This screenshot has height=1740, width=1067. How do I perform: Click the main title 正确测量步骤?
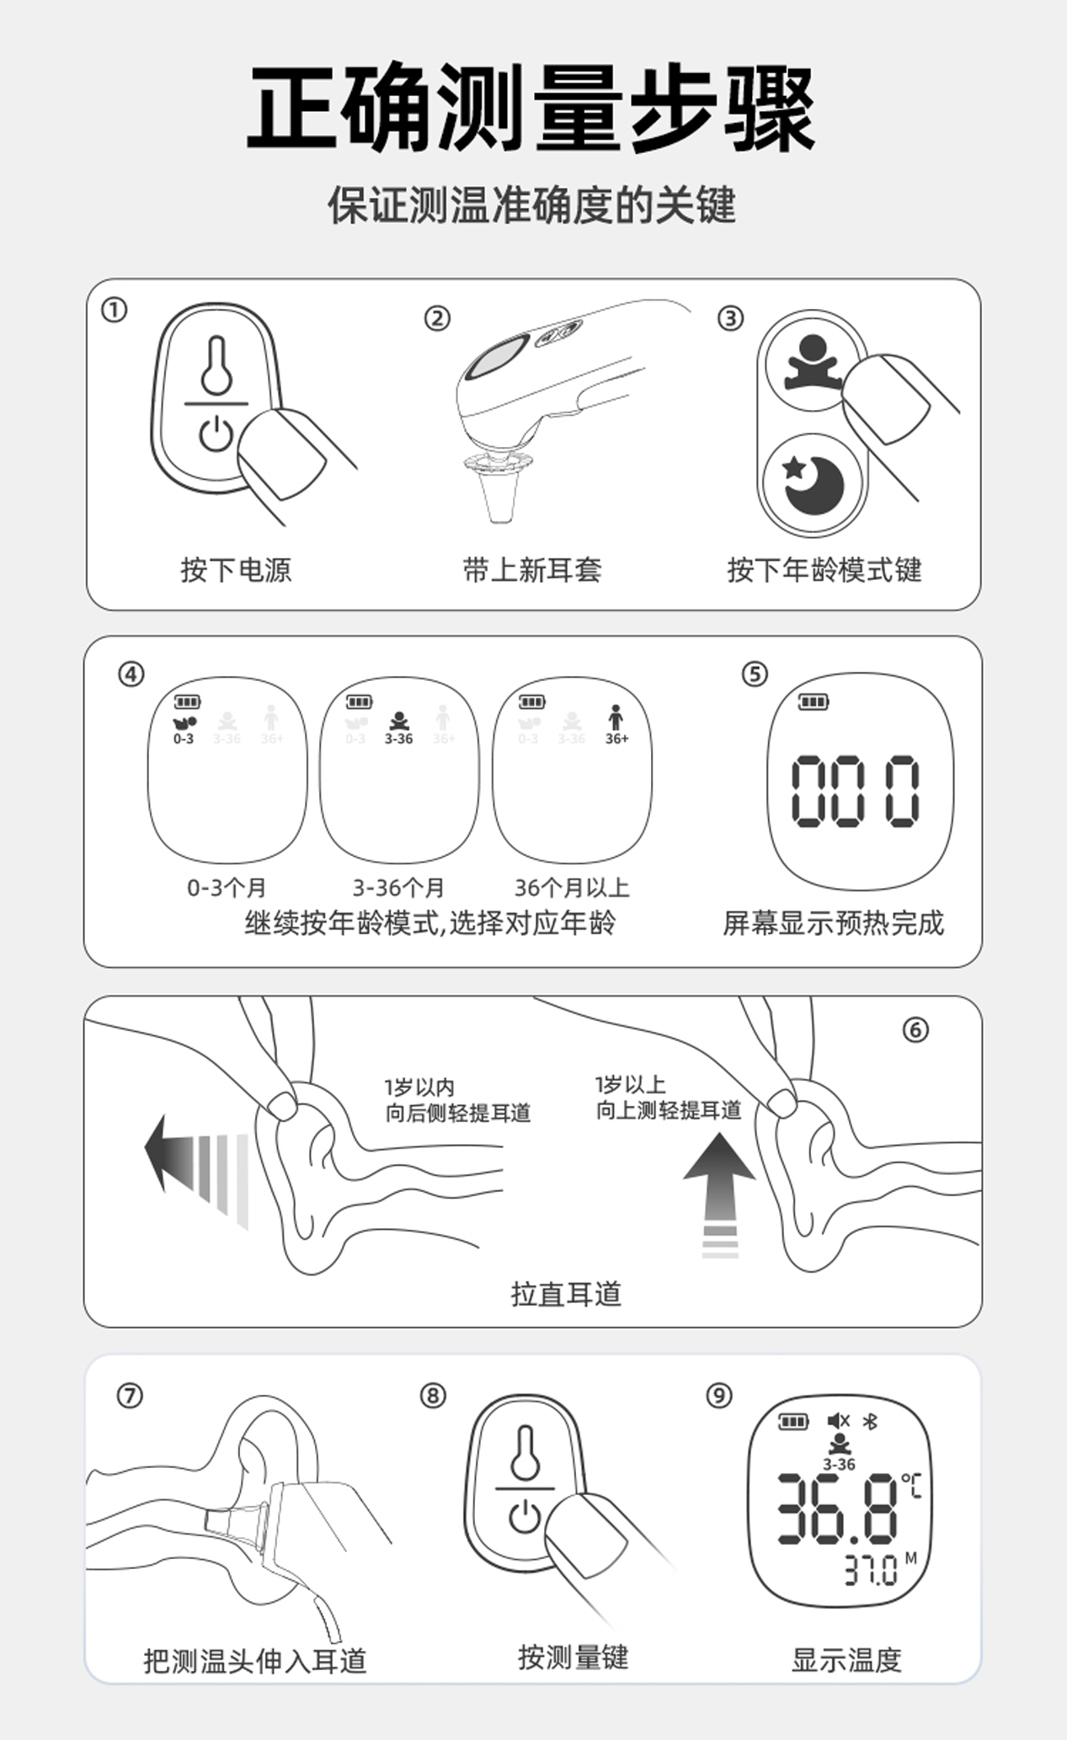click(x=531, y=109)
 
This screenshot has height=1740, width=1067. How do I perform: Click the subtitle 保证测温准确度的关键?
click(x=531, y=205)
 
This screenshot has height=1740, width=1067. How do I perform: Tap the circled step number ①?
click(x=114, y=311)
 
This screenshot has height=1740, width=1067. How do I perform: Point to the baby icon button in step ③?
click(x=812, y=362)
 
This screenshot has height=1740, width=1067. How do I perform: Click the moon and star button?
click(x=812, y=483)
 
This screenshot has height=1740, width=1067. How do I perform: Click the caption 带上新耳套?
click(x=532, y=570)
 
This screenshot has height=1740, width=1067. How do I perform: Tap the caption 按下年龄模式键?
click(x=824, y=570)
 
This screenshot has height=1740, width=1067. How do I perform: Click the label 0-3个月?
click(x=227, y=887)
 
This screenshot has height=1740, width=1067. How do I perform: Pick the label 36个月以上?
click(x=572, y=887)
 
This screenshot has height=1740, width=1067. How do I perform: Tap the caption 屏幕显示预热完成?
click(x=833, y=923)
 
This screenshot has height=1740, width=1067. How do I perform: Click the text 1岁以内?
click(x=419, y=1087)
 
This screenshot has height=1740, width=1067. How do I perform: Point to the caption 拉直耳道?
click(x=566, y=1294)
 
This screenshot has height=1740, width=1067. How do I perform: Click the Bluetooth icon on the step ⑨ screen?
click(x=871, y=1421)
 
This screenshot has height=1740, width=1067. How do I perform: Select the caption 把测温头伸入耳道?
click(x=255, y=1661)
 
